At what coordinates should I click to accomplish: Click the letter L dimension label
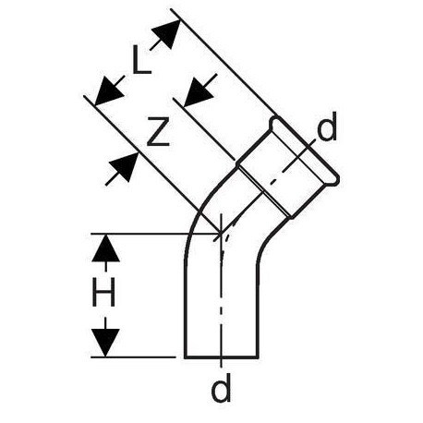[x=141, y=59]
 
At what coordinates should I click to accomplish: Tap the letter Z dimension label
[x=158, y=131]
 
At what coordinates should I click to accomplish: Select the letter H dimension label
[x=103, y=292]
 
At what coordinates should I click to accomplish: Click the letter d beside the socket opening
[x=327, y=127]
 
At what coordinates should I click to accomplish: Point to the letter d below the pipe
[x=221, y=387]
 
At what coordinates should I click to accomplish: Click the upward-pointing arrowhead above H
[x=105, y=248]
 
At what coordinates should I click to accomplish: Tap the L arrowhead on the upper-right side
[x=167, y=32]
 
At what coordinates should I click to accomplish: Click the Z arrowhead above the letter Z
[x=199, y=91]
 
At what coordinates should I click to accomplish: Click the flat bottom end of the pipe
[x=222, y=358]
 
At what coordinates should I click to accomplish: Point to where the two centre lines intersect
[x=221, y=234]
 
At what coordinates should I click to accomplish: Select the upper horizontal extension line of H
[x=155, y=234]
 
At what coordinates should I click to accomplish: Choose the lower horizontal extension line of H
[x=133, y=357]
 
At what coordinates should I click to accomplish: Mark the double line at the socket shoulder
[x=265, y=192]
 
